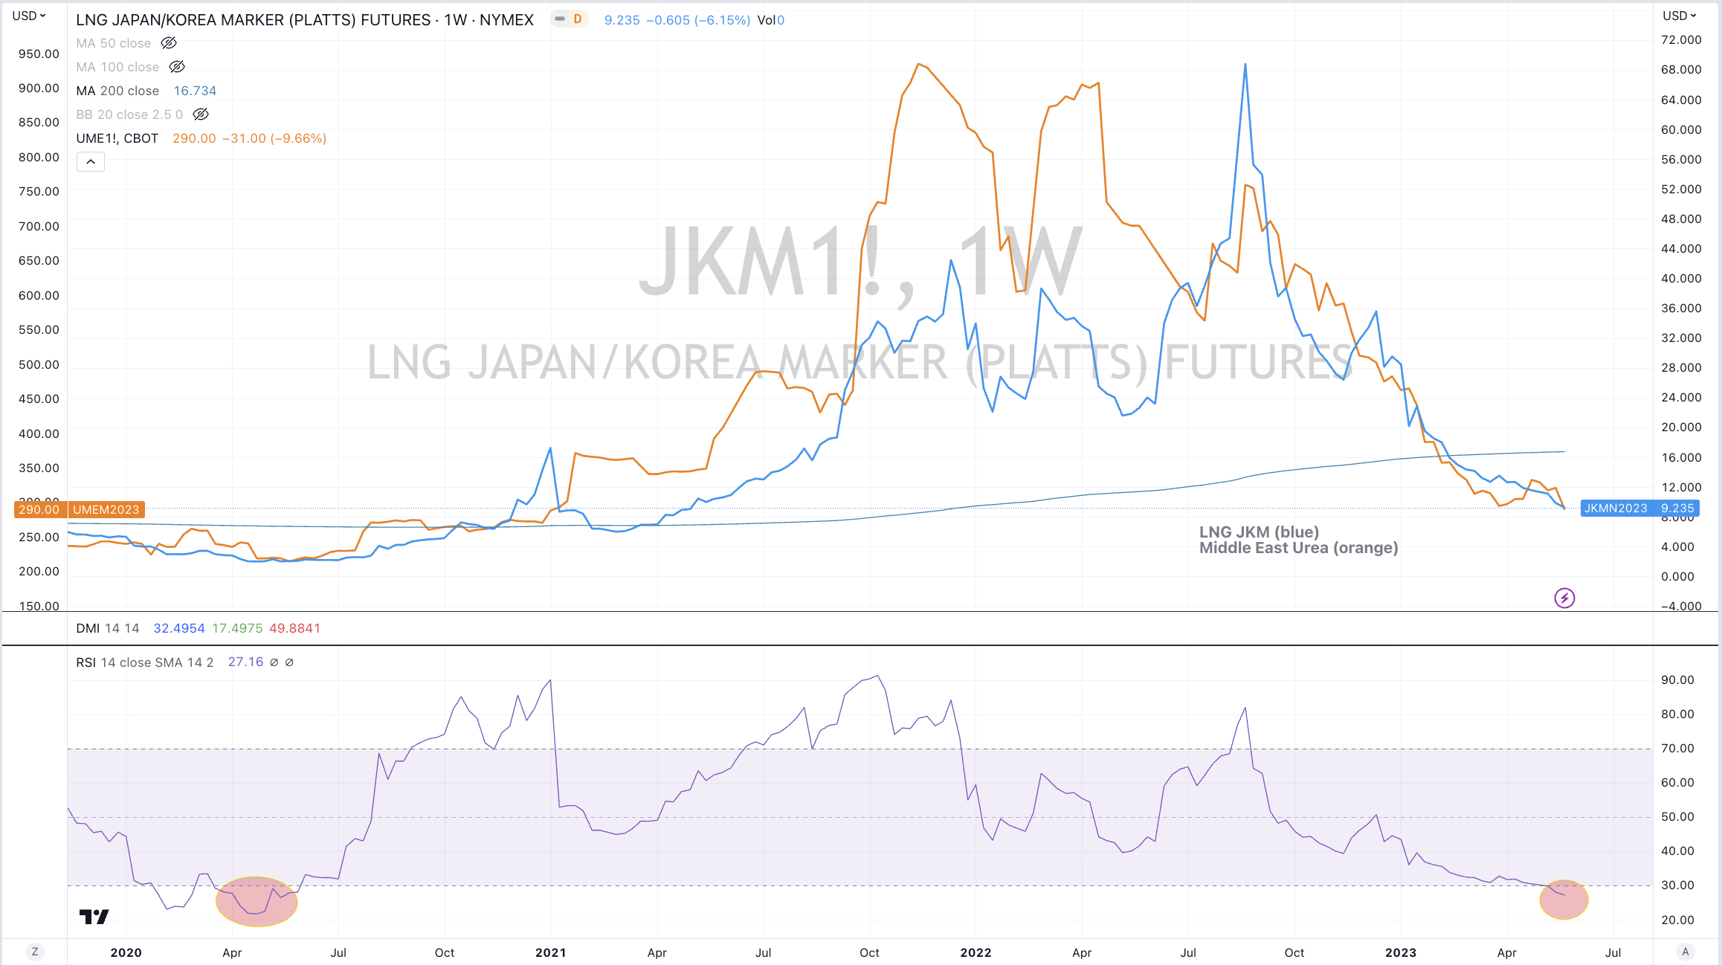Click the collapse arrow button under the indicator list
click(90, 161)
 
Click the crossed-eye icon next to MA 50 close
click(169, 43)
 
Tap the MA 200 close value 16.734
click(195, 91)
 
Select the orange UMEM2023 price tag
click(106, 509)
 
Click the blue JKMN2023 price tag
click(1639, 509)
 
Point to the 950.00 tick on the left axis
click(39, 54)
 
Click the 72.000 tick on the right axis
click(1680, 39)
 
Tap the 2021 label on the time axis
click(550, 952)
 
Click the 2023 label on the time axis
click(1400, 952)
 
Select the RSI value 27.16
click(245, 662)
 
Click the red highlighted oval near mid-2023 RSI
click(1564, 900)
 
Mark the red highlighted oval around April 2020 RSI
click(257, 901)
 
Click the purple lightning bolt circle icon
click(1564, 598)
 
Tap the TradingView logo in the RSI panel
click(94, 917)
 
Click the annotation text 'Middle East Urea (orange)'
click(1298, 548)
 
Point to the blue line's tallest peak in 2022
click(1245, 65)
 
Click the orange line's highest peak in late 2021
click(920, 64)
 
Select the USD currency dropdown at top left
click(29, 16)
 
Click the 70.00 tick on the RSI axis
click(1677, 748)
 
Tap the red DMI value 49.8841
click(294, 628)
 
